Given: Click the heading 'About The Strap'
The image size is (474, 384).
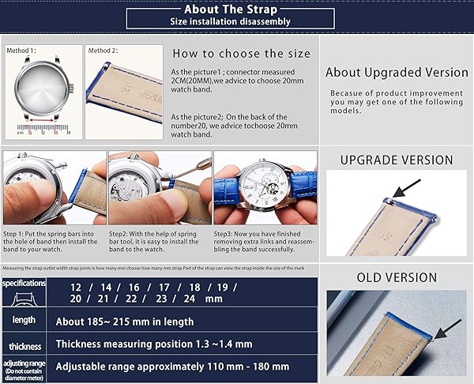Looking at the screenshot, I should point(229,9).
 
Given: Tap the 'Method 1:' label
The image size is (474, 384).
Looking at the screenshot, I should point(21,51).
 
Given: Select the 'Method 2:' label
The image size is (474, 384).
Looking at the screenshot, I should point(102,51).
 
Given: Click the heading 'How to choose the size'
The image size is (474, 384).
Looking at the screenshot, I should point(241,55).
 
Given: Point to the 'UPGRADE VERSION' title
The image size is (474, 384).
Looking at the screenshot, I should point(397,160).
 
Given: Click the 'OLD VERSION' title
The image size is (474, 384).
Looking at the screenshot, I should point(397,277).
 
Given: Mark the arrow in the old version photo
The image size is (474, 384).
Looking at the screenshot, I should point(447,328).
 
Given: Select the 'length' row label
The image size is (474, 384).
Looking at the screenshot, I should point(23,320).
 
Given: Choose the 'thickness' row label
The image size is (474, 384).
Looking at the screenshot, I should point(24,346).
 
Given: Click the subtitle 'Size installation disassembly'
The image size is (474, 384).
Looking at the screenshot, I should point(231,22).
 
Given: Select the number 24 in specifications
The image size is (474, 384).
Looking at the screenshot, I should point(190,299).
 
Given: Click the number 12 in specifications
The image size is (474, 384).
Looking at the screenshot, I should point(76,287).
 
